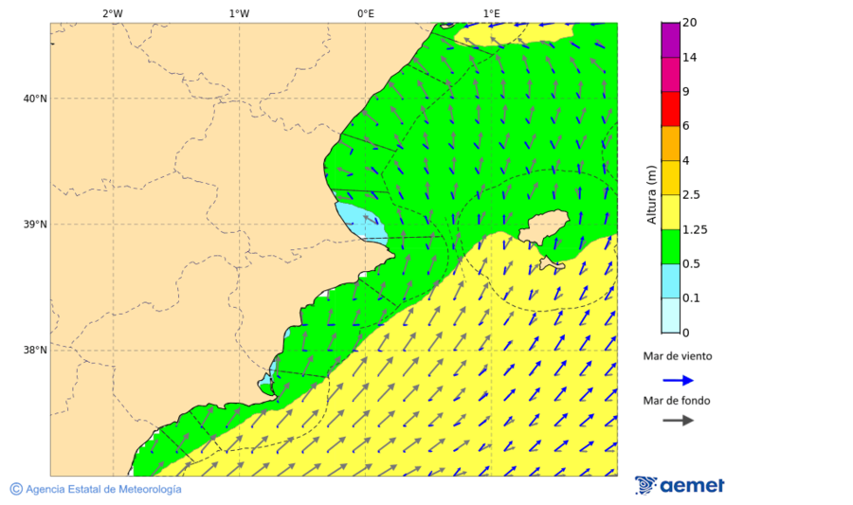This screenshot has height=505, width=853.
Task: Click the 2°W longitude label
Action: (x=112, y=13)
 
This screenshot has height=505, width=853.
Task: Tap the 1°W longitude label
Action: (x=239, y=13)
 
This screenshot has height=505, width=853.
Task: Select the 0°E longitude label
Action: (x=365, y=13)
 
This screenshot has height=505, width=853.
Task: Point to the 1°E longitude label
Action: (x=491, y=13)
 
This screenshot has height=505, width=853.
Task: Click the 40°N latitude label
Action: (x=35, y=99)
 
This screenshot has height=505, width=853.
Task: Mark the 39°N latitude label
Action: (x=35, y=225)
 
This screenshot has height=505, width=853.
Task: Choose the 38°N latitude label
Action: (x=35, y=351)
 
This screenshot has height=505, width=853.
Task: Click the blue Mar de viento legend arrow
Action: (x=678, y=380)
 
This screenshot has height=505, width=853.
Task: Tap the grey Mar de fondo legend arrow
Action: (x=678, y=421)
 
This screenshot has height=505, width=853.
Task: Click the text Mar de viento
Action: (x=677, y=357)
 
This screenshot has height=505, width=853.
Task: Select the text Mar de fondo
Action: (x=676, y=401)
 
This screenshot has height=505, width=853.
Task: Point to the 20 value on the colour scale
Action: (x=689, y=23)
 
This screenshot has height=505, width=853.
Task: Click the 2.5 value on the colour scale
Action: (x=691, y=195)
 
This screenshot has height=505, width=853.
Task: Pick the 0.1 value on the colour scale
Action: (x=691, y=298)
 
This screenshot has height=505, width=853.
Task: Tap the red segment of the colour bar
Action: (x=670, y=109)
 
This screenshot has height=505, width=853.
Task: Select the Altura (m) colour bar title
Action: (x=651, y=194)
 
